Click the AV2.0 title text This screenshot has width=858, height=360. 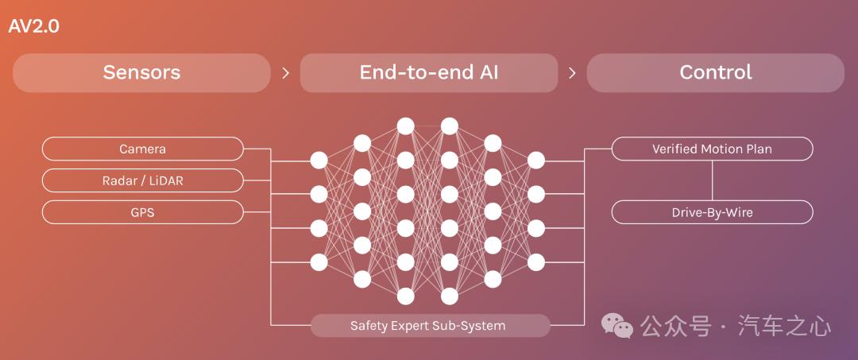[x=34, y=26]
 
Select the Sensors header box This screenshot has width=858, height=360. [x=141, y=73]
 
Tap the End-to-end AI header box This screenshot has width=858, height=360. [x=429, y=73]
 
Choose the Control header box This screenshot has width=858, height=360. [x=716, y=73]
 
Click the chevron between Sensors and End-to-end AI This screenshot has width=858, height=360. [x=286, y=73]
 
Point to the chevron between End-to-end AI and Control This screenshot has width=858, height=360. [x=572, y=73]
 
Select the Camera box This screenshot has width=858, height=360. [x=143, y=149]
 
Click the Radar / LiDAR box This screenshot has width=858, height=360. [x=143, y=180]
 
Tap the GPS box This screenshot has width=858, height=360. [x=143, y=212]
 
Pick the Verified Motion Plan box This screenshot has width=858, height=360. [x=712, y=149]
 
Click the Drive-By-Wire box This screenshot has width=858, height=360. [x=712, y=212]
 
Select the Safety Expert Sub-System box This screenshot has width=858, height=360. [x=430, y=326]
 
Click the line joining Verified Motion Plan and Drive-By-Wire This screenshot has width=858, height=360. [x=712, y=180]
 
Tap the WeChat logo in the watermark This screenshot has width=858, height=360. [x=617, y=326]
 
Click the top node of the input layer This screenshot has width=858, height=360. [x=319, y=161]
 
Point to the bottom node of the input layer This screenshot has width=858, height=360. [x=319, y=262]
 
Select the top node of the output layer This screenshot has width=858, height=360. [x=536, y=161]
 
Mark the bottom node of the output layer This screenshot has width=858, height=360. [x=536, y=262]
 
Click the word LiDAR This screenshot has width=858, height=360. [x=166, y=180]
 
